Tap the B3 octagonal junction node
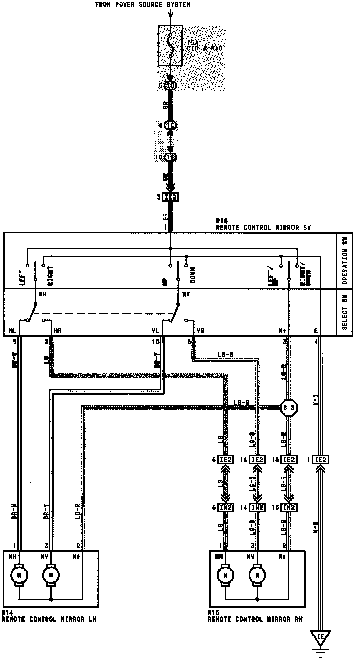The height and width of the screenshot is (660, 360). (x=289, y=408)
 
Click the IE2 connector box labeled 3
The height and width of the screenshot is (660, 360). (x=171, y=197)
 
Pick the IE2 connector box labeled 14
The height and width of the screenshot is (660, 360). (x=257, y=460)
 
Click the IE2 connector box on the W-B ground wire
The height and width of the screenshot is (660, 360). (x=320, y=460)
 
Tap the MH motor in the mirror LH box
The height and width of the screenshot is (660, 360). (x=19, y=575)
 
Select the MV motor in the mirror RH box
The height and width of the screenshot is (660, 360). (x=257, y=575)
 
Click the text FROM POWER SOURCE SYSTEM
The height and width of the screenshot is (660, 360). (x=143, y=5)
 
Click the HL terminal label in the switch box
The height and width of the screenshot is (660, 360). (x=13, y=331)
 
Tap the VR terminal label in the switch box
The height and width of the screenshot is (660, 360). (x=200, y=331)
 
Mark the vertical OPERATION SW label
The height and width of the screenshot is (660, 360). (x=345, y=260)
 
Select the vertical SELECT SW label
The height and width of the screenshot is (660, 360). (x=345, y=313)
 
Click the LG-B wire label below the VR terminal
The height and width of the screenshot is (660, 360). (x=226, y=355)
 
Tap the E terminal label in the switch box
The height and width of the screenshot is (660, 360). (x=316, y=331)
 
